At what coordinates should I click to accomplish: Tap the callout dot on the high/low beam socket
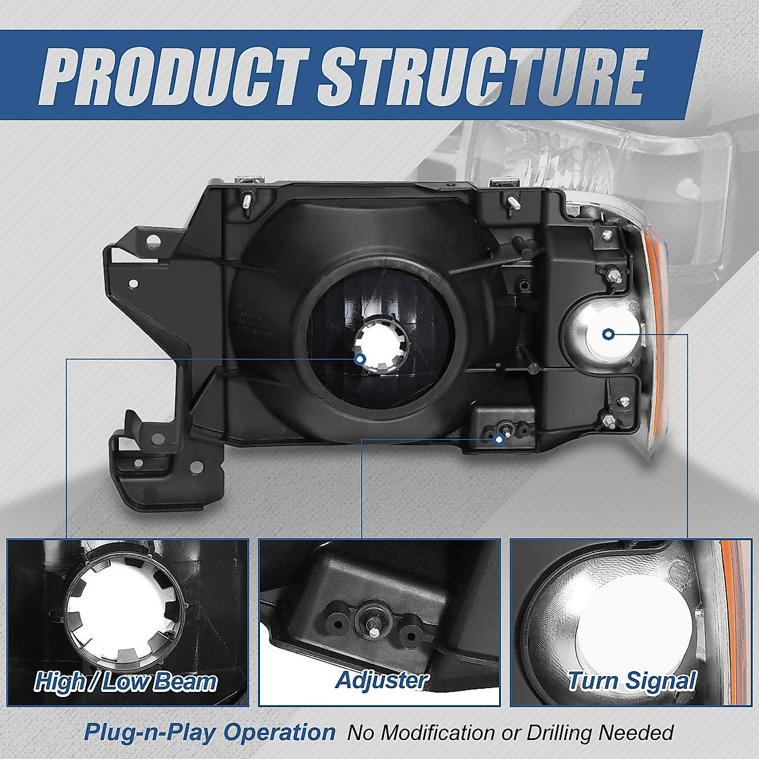tap(360, 359)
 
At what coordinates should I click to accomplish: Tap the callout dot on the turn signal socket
tap(608, 334)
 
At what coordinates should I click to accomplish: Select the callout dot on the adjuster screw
tap(499, 438)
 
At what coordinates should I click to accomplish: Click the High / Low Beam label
tap(126, 682)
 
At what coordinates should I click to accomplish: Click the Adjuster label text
tap(380, 681)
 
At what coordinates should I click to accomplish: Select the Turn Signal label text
tap(631, 681)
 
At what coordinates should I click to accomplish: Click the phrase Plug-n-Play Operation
tap(210, 732)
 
